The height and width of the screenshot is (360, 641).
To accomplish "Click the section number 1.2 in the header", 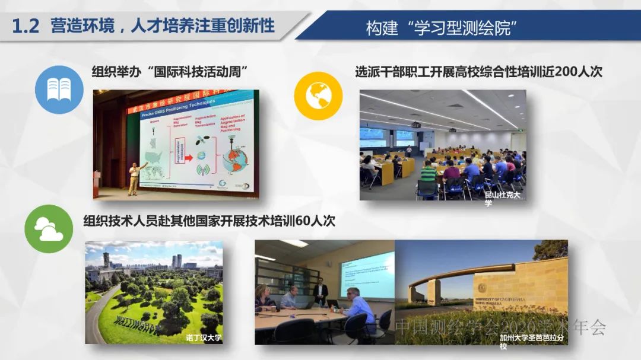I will pos(26,26).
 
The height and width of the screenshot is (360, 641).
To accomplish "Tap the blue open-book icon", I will pos(59,90).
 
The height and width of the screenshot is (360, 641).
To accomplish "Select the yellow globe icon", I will pos(319,96).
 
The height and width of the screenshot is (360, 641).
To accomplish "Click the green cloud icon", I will pos(49,229).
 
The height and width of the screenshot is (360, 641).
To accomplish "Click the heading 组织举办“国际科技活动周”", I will pos(170,72).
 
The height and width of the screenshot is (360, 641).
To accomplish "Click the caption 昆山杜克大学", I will pos(502,199).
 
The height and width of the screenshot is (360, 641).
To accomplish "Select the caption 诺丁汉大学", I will pos(204,338).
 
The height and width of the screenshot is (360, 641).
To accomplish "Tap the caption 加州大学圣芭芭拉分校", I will pos(531,342).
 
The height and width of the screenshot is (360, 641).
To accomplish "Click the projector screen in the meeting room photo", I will pos(366,274).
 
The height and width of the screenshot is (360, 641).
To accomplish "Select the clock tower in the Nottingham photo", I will pos(106,261).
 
